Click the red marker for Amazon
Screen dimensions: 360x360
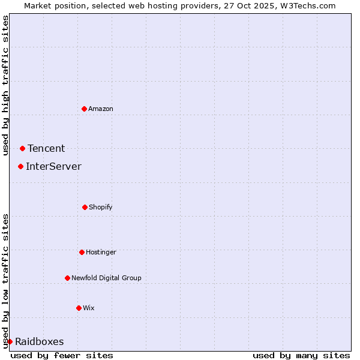(84, 109)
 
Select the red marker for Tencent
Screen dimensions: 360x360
(22, 148)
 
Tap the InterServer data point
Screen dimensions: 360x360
(20, 166)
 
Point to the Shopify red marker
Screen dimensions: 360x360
(85, 207)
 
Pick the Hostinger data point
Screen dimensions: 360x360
(82, 252)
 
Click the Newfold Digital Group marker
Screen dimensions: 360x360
(67, 278)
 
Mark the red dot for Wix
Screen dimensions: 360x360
(79, 308)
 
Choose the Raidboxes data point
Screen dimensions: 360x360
(10, 341)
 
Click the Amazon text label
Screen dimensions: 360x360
(101, 109)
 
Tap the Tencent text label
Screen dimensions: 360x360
(46, 149)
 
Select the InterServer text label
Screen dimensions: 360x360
(53, 167)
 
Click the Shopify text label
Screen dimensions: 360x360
(101, 207)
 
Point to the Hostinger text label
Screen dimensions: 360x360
(101, 252)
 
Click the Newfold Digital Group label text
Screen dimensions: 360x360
(106, 278)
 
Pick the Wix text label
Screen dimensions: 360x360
(89, 308)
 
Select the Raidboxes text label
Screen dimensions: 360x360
(40, 342)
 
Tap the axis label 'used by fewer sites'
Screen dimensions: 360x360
(62, 355)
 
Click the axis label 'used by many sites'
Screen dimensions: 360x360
(301, 355)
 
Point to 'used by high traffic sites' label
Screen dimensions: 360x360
(5, 85)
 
